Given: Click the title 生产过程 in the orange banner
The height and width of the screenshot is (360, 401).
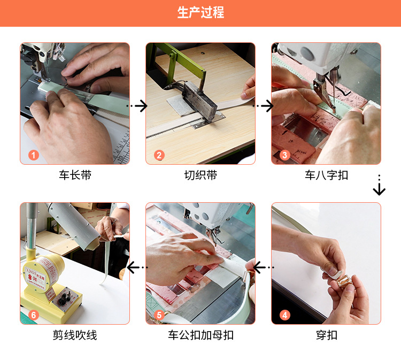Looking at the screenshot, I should (x=200, y=13).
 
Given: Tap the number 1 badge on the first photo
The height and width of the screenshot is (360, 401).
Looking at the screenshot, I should (x=34, y=155).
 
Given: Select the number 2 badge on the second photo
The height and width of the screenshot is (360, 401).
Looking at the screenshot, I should (x=159, y=155).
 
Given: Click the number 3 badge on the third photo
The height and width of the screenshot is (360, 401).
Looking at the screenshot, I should (x=285, y=155).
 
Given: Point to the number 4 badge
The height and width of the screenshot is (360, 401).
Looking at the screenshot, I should (x=285, y=315).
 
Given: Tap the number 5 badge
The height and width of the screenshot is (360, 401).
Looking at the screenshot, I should (x=159, y=315).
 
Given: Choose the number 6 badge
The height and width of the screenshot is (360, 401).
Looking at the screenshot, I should (x=34, y=315).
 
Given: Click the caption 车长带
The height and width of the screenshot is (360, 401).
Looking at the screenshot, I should (x=75, y=175).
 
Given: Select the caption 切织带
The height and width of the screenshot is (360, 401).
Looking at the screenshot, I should (x=200, y=175).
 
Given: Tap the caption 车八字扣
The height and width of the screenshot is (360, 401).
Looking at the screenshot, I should (x=326, y=175).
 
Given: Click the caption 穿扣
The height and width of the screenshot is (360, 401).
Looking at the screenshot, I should (x=326, y=335).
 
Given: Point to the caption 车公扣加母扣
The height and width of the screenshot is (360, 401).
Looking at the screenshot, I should (x=200, y=335).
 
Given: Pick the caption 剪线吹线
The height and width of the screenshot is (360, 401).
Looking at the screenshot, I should (x=75, y=335).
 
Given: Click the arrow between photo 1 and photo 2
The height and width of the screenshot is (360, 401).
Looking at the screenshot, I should (x=138, y=106).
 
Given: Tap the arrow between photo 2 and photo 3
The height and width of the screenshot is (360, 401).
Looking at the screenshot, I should (x=264, y=106).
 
